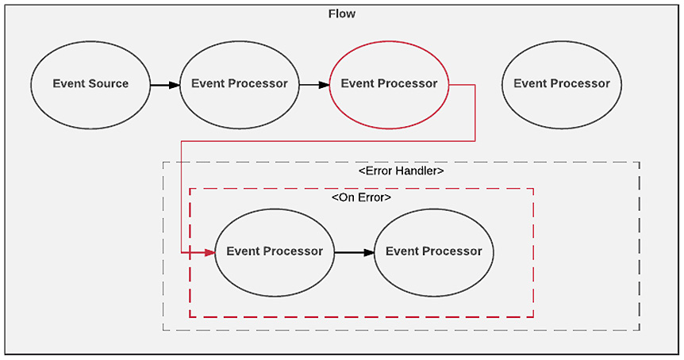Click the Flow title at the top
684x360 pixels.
click(341, 13)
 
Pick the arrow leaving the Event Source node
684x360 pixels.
click(164, 83)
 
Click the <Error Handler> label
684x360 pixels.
click(401, 170)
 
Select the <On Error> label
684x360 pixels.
click(361, 197)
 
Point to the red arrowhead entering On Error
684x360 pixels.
click(209, 252)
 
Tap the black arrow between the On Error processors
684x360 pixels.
click(354, 252)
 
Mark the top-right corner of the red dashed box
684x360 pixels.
click(533, 189)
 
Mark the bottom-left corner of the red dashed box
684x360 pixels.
click(190, 316)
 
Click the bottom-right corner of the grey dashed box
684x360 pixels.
click(639, 330)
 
